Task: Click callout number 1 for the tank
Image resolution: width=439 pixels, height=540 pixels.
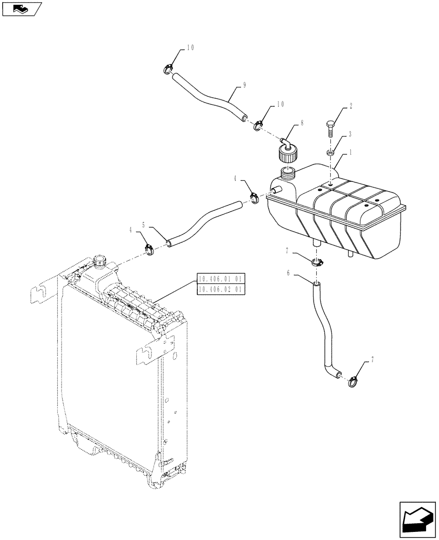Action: click(x=350, y=153)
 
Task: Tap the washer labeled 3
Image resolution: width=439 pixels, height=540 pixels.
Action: click(x=330, y=153)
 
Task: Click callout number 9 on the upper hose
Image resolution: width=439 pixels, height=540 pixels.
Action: click(x=245, y=85)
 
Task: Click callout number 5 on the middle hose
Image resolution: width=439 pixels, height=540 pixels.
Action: click(x=144, y=224)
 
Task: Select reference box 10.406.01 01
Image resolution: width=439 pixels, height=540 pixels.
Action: click(x=221, y=279)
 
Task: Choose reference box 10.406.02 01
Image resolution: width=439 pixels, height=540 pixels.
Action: click(x=221, y=289)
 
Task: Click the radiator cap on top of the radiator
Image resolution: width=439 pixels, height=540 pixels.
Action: click(x=101, y=261)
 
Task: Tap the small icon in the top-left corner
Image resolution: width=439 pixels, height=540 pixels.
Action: click(x=22, y=9)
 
